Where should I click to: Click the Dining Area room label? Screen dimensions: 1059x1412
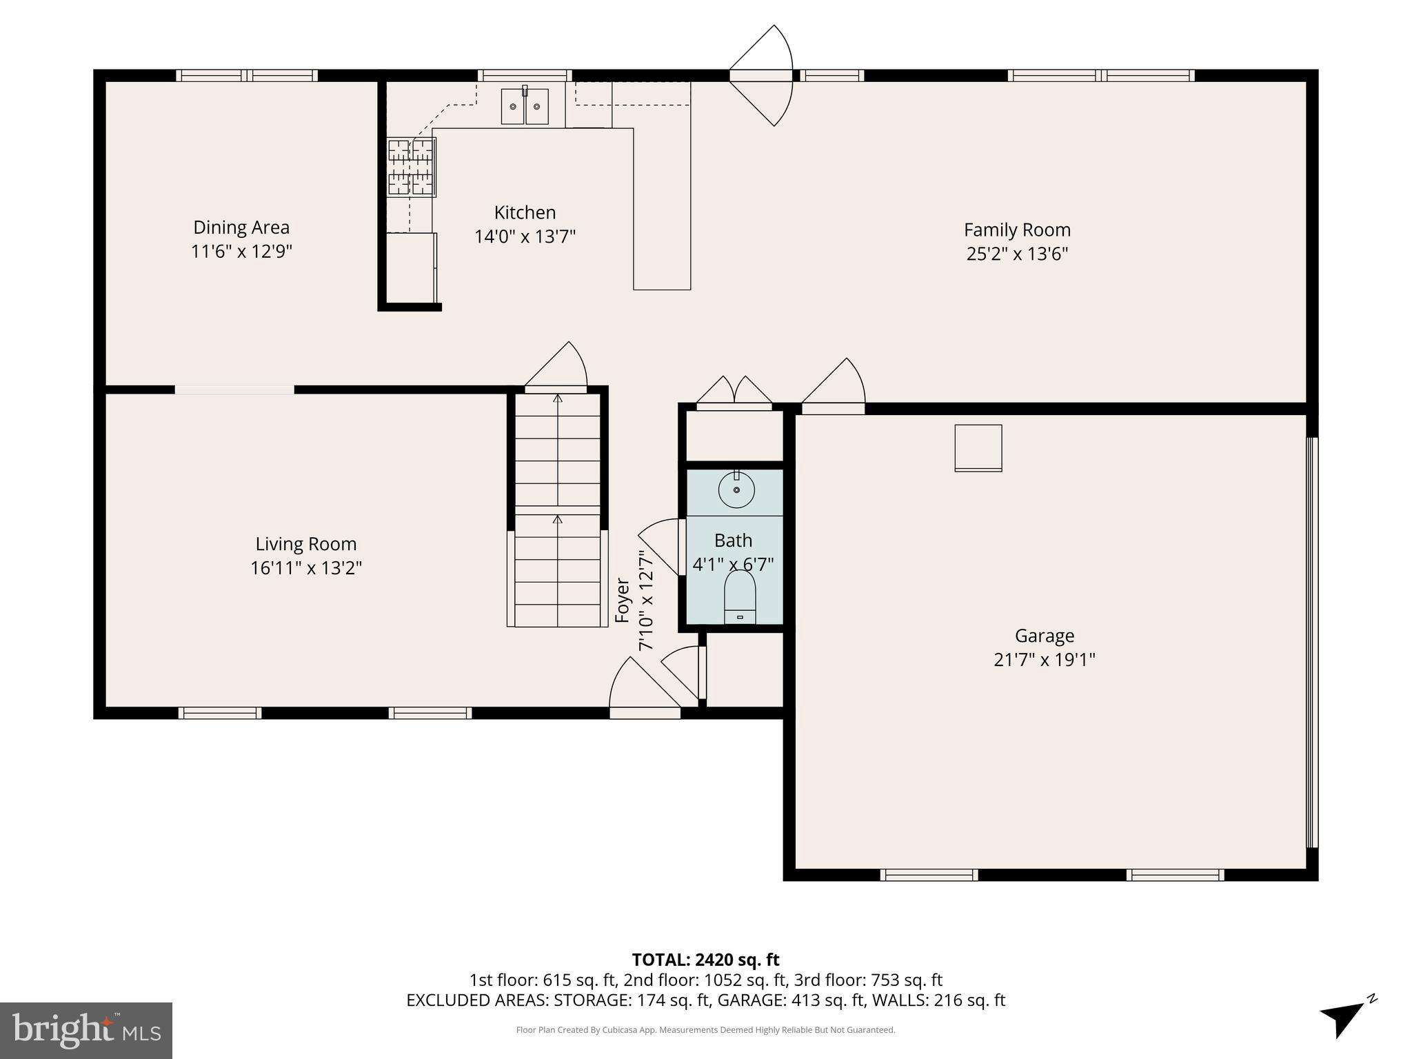click(241, 228)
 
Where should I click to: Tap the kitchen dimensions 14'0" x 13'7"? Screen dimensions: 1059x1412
click(525, 237)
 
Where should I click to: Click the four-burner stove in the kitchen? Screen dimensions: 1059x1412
click(412, 168)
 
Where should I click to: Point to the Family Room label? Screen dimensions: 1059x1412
click(1017, 230)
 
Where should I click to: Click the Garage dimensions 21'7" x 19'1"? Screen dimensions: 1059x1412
click(1044, 660)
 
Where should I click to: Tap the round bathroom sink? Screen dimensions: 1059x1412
click(736, 490)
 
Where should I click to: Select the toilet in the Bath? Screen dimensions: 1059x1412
click(740, 597)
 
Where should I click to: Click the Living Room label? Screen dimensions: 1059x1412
click(306, 544)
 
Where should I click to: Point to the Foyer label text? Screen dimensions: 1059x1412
click(623, 601)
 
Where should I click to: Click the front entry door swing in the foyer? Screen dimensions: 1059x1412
click(641, 686)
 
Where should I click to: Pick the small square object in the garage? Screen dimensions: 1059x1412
click(978, 448)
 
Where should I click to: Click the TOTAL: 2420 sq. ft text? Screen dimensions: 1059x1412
click(705, 960)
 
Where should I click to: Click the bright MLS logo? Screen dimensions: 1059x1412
click(86, 1030)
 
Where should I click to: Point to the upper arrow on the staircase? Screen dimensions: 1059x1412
click(558, 398)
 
